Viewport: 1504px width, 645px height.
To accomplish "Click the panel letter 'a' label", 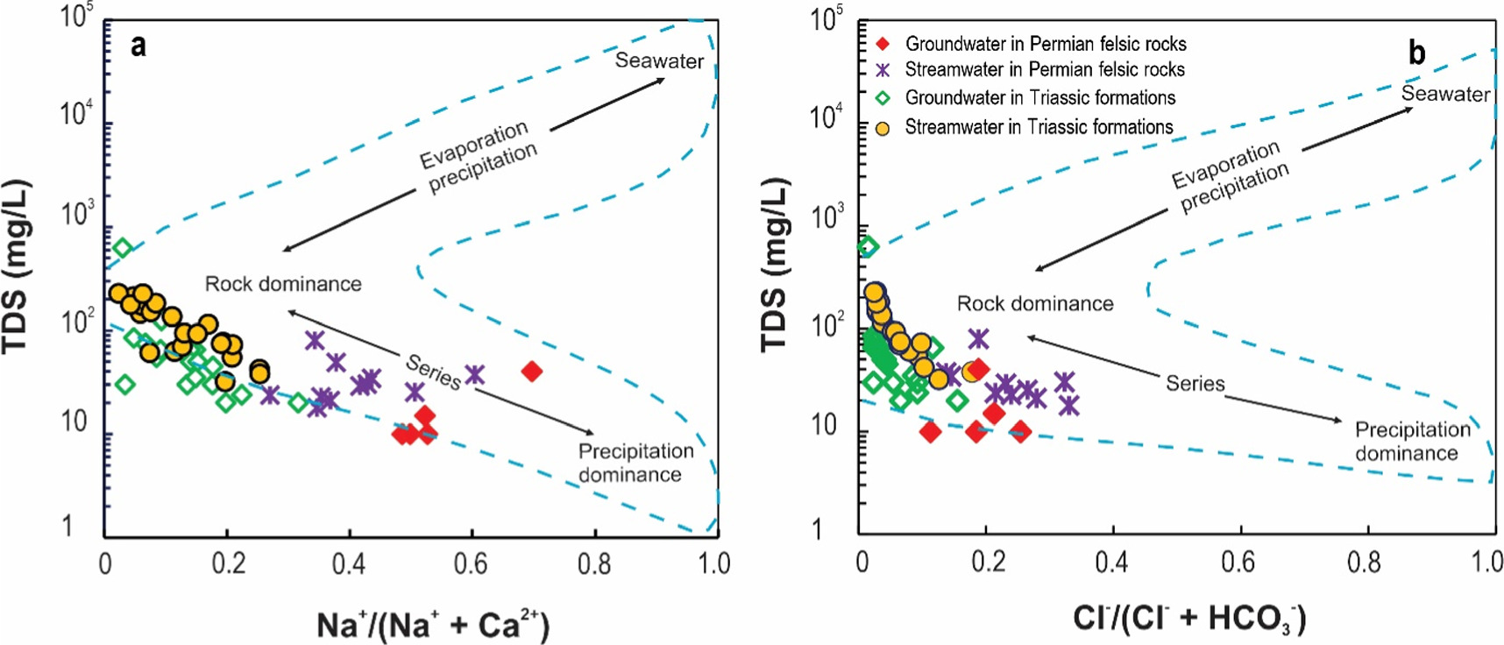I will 138,46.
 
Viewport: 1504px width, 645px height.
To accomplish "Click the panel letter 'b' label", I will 1417,54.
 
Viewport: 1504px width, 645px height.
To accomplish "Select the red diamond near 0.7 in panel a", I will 531,372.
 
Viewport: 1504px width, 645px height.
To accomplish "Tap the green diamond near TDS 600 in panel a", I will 123,248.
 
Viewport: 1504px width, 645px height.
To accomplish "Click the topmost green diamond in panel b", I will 868,247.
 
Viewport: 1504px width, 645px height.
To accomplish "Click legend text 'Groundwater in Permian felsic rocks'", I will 1045,44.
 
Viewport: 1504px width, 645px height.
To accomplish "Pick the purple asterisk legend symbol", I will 883,70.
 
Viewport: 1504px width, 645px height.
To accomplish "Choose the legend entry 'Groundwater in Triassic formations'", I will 1039,97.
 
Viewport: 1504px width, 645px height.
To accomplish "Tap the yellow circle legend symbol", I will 883,128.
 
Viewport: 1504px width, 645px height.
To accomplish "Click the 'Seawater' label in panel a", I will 659,61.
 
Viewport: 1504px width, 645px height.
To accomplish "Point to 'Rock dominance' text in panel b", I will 1035,304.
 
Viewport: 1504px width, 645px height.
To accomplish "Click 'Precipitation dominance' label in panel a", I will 635,463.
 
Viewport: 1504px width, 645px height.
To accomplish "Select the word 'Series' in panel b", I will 1195,383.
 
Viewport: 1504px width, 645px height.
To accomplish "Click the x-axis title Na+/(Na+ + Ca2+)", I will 432,626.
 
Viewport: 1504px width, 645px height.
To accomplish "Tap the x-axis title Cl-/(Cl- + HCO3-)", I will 1189,619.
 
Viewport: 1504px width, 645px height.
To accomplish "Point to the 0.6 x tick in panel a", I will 471,563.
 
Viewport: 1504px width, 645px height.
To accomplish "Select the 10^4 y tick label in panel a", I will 76,114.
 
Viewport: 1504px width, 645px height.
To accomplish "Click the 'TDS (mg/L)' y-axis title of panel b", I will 774,266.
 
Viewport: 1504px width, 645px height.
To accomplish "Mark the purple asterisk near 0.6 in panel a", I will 474,374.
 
